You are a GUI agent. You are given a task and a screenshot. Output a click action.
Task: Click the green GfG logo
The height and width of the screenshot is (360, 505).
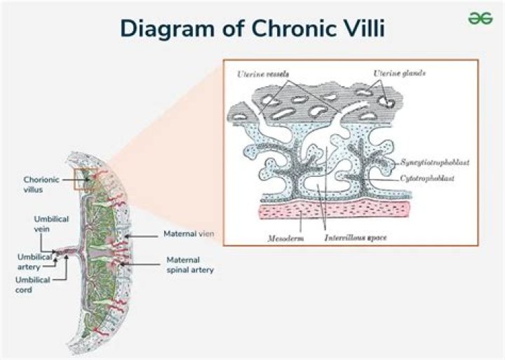[480, 18]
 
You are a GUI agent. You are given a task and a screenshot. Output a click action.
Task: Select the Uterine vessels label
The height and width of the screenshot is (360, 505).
[263, 74]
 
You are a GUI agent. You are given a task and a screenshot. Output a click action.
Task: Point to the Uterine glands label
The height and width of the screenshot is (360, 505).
[399, 73]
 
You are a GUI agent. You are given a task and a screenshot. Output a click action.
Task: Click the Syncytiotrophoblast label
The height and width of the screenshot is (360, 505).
[435, 162]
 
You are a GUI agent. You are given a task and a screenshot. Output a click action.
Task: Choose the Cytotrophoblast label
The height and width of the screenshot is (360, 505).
[427, 178]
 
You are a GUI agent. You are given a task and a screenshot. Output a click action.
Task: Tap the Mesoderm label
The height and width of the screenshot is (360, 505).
[285, 239]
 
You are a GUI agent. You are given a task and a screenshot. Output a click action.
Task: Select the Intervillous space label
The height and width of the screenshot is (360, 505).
[356, 238]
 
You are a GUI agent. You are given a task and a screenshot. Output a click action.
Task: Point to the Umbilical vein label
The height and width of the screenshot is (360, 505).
[51, 224]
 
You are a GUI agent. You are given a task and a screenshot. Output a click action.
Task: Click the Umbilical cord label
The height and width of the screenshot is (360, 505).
[33, 285]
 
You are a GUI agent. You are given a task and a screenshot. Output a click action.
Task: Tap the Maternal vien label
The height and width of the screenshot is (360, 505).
[189, 234]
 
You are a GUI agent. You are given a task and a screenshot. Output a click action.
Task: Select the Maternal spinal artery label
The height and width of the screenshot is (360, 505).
[190, 265]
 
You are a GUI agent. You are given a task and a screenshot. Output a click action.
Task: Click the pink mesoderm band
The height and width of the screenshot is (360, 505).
[334, 210]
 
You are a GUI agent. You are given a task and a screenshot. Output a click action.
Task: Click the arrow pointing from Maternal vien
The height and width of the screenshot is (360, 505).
[141, 236]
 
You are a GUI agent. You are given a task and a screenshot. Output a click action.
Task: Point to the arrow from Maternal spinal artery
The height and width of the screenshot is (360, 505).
[139, 265]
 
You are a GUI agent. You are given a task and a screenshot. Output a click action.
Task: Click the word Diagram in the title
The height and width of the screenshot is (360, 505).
[167, 29]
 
